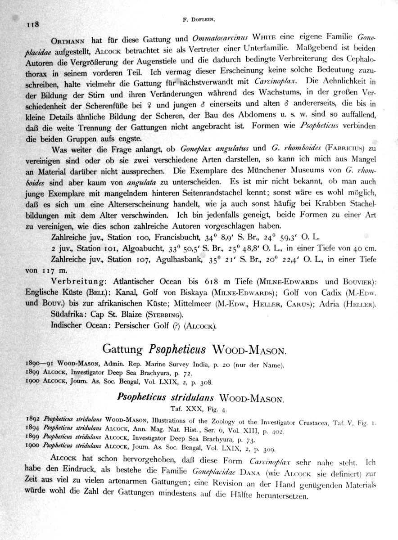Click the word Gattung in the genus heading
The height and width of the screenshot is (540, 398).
click(x=122, y=349)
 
